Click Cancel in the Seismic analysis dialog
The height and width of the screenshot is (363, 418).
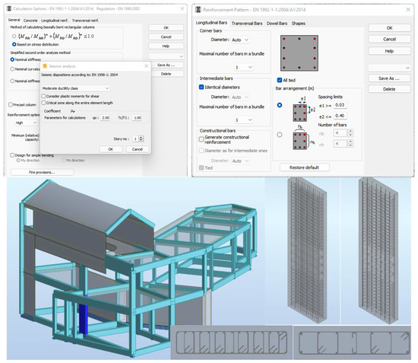tap(136, 149)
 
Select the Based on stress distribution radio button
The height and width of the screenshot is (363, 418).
tap(11, 44)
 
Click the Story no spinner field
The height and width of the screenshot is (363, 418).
tap(135, 139)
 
